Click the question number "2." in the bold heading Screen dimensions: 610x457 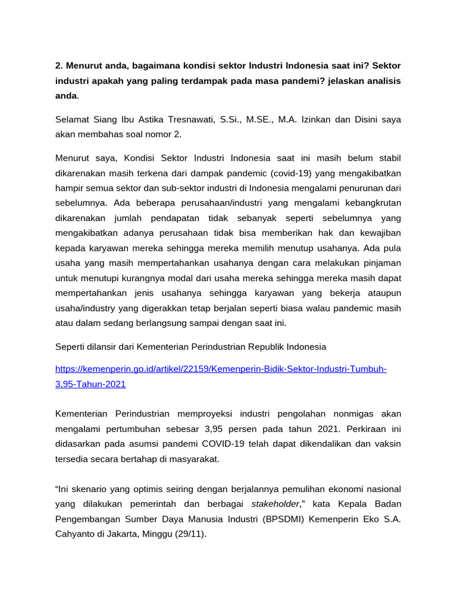click(60, 64)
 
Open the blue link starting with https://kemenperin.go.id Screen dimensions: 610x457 click(221, 369)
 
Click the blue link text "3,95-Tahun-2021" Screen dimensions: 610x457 click(90, 384)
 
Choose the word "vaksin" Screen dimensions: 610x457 click(387, 444)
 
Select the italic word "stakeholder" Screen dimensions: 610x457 click(276, 503)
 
